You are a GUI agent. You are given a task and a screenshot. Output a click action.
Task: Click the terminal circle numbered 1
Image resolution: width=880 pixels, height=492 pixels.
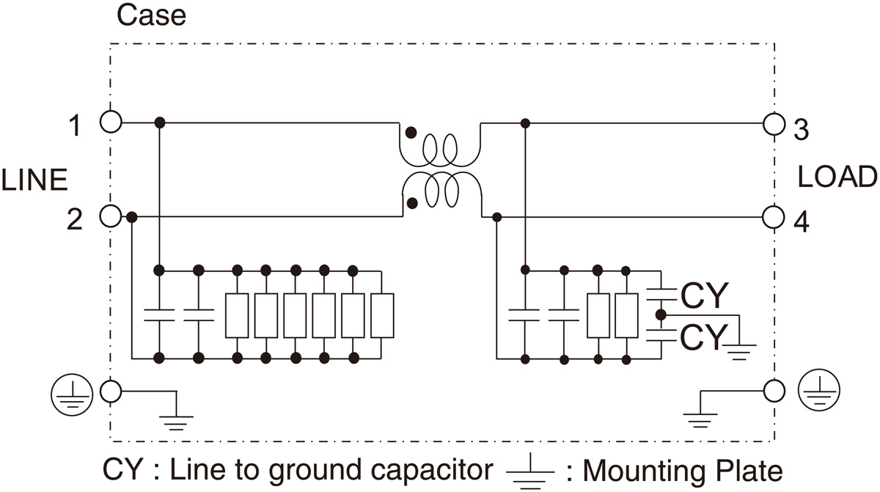pyautogui.click(x=110, y=122)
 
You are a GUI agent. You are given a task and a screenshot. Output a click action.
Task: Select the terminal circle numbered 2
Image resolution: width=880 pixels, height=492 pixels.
pyautogui.click(x=110, y=216)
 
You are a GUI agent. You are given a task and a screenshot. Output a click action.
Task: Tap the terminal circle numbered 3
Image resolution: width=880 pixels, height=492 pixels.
pyautogui.click(x=772, y=123)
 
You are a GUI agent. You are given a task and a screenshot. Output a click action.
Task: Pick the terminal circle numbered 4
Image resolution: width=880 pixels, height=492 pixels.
pyautogui.click(x=772, y=217)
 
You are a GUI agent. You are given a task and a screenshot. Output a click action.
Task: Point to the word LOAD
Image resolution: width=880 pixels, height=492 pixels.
pyautogui.click(x=837, y=177)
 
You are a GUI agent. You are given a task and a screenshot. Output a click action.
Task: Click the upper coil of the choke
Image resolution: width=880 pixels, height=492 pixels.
pyautogui.click(x=440, y=150)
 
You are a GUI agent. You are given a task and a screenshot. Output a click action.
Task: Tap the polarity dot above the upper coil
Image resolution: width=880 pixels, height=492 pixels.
pyautogui.click(x=412, y=133)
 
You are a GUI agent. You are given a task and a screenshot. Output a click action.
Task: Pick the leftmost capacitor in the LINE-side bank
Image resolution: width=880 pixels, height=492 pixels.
pyautogui.click(x=159, y=315)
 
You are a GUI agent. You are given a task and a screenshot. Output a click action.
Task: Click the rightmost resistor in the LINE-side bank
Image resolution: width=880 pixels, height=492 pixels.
pyautogui.click(x=382, y=315)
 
